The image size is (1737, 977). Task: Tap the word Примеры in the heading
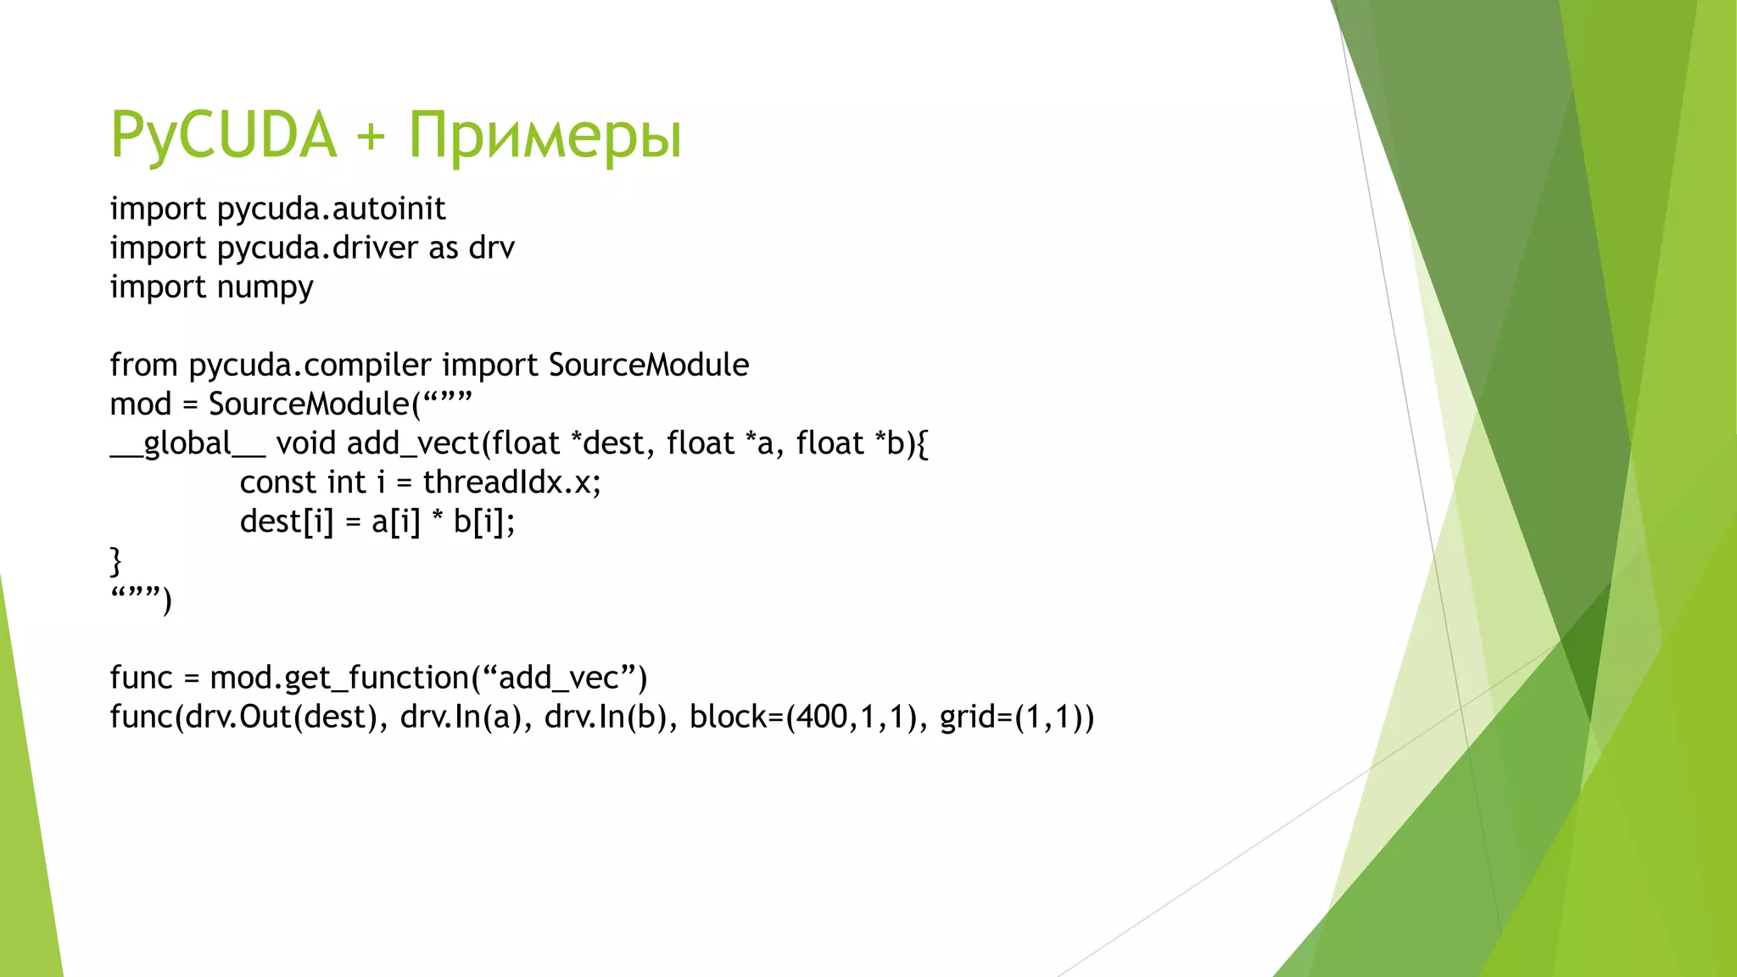tap(545, 136)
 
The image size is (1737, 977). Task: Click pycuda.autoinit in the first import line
tap(331, 209)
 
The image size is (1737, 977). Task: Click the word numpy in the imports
tap(265, 288)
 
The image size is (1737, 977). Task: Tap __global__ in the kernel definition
tap(187, 444)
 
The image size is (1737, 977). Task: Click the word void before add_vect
tap(307, 444)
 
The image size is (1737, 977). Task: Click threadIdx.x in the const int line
tap(511, 483)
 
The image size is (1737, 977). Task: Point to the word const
tap(278, 483)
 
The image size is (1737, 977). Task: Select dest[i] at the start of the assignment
tap(287, 522)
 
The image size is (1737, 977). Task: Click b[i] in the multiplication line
tap(483, 522)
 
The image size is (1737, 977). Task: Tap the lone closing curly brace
tap(116, 561)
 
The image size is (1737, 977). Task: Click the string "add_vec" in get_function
tap(558, 678)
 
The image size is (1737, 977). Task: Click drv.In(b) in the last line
tap(605, 717)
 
